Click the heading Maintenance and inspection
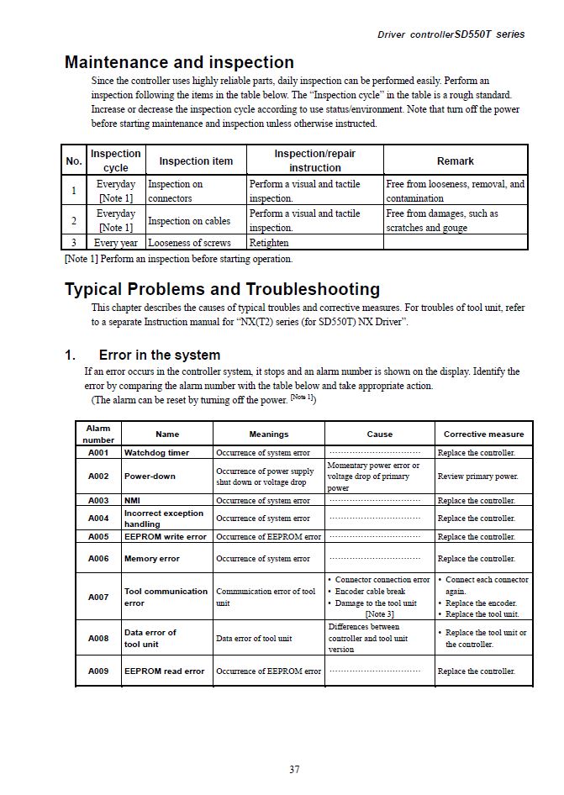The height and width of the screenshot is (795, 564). (179, 62)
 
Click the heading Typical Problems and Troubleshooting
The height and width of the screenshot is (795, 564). (222, 289)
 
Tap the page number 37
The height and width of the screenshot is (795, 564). (294, 769)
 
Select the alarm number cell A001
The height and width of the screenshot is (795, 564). (98, 452)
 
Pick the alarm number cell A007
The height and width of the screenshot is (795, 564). (98, 597)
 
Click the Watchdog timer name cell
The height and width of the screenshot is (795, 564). (157, 452)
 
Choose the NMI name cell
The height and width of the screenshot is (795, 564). (134, 500)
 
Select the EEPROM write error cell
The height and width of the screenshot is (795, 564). (166, 536)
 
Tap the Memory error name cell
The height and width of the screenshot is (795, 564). (152, 558)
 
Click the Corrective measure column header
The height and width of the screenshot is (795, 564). (483, 434)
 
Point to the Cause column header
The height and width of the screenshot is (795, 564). (380, 434)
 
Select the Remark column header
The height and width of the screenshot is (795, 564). (455, 161)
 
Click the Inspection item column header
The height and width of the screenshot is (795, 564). (196, 161)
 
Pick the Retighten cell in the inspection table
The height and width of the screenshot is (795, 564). (269, 243)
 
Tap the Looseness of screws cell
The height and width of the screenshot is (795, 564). (189, 243)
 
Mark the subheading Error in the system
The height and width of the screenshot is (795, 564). (160, 355)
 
